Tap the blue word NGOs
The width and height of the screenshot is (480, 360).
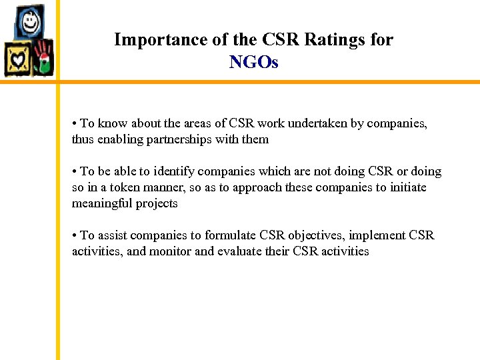point(253,63)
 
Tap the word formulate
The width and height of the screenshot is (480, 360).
point(231,235)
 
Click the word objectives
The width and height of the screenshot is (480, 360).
point(307,235)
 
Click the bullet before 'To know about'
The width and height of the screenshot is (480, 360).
point(75,124)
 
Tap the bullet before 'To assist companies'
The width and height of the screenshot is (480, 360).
point(75,236)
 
